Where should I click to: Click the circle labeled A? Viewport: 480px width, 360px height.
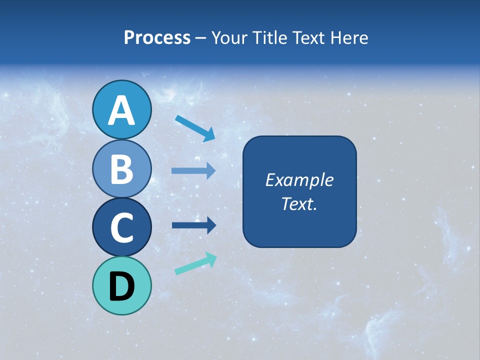[121, 109]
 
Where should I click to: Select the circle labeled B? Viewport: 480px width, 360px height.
[121, 168]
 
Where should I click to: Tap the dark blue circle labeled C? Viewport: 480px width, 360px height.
[121, 227]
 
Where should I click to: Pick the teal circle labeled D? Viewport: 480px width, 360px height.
[121, 285]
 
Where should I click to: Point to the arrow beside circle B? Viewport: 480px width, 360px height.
[193, 171]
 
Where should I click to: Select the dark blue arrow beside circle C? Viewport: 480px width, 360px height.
[194, 225]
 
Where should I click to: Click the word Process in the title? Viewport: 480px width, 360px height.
[157, 38]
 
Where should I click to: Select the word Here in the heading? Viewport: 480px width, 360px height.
[349, 38]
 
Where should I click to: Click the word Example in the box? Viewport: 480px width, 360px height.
[299, 180]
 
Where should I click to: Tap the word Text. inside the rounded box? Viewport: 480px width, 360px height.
[299, 203]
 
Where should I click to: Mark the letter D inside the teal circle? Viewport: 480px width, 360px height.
[121, 286]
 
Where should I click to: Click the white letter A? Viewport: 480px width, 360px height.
[121, 110]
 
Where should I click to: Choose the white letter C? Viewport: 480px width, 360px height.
[121, 227]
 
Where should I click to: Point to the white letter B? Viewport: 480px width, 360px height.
[121, 169]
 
